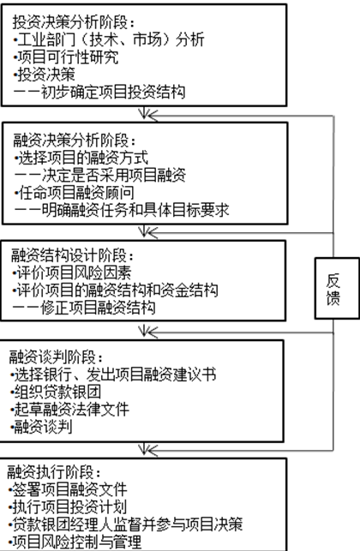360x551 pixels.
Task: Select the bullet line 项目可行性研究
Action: coord(66,57)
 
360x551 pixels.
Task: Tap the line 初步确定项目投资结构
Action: coord(99,92)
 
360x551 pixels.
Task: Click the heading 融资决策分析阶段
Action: coord(75,141)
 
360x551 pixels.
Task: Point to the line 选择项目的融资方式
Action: coord(81,158)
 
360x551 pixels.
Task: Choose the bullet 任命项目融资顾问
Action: coord(75,193)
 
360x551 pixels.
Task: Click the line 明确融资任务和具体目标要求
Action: coord(122,210)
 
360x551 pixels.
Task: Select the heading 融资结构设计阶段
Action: coord(72,255)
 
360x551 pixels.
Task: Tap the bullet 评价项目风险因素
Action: coord(72,273)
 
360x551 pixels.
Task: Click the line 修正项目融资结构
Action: coord(84,308)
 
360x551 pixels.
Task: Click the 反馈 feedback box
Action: coord(337,288)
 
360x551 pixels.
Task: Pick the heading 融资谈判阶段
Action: coord(57,357)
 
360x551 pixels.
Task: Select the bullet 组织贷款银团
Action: coord(56,392)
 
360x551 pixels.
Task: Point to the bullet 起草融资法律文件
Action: coord(69,410)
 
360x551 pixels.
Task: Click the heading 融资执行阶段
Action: coord(54,472)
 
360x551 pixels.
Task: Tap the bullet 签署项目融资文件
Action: coord(68,489)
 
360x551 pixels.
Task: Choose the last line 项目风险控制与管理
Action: coord(75,542)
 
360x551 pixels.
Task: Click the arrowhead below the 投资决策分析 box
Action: coord(144,114)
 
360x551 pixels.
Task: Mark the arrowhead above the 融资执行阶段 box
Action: coord(144,450)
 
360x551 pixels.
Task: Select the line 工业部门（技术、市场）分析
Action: coord(109,39)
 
